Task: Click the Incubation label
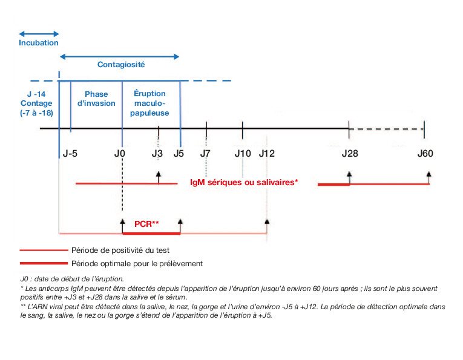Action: pyautogui.click(x=39, y=43)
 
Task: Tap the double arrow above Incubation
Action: pyautogui.click(x=39, y=33)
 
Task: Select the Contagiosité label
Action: pyautogui.click(x=121, y=64)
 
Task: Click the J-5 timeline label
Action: pyautogui.click(x=70, y=154)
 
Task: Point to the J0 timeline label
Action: pyautogui.click(x=120, y=154)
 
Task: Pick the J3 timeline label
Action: pyautogui.click(x=157, y=154)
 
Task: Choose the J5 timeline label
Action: pyautogui.click(x=179, y=154)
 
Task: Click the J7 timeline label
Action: pyautogui.click(x=205, y=154)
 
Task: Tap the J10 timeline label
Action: pyautogui.click(x=243, y=154)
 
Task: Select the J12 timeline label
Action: pyautogui.click(x=267, y=154)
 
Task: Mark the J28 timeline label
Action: pyautogui.click(x=349, y=154)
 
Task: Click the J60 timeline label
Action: pyautogui.click(x=425, y=154)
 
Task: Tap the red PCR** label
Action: pyautogui.click(x=146, y=224)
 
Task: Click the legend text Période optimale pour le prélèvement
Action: pyautogui.click(x=137, y=263)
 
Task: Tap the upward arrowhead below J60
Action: pyautogui.click(x=429, y=174)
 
